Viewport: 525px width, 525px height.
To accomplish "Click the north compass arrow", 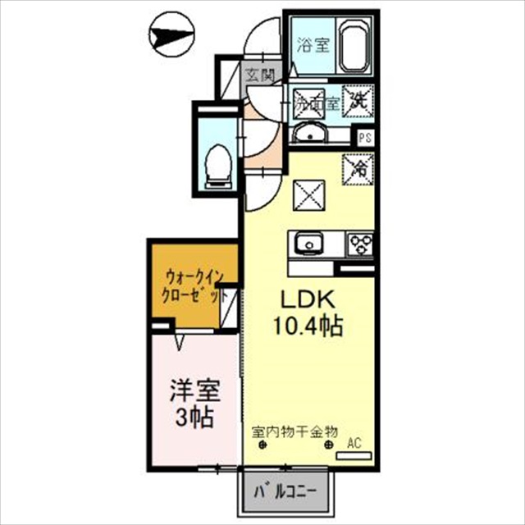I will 171,36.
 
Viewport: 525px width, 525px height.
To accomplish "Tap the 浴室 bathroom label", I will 312,45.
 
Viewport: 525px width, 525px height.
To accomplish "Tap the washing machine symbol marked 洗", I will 359,102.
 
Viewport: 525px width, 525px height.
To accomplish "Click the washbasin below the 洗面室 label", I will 311,135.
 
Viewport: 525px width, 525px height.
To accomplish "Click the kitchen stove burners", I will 360,243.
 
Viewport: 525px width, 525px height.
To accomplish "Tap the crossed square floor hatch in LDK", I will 310,195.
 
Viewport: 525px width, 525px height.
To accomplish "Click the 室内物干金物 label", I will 294,429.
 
